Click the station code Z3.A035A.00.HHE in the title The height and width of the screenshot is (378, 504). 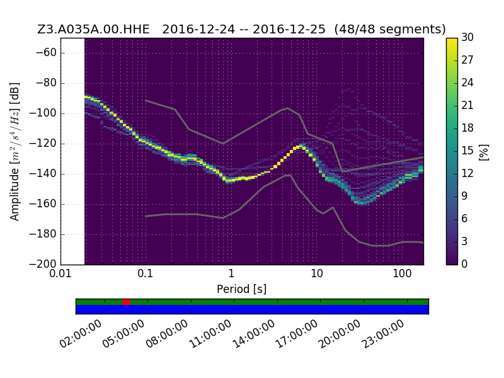tap(93, 29)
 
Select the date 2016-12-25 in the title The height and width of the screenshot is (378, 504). tap(289, 29)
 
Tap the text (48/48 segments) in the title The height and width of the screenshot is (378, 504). tap(390, 29)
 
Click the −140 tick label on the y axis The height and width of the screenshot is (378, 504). tap(43, 174)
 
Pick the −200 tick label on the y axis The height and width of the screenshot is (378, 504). tap(43, 264)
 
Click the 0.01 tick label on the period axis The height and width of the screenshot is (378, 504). tap(60, 273)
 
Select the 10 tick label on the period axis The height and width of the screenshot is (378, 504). tap(316, 273)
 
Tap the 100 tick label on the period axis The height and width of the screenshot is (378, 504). tap(402, 273)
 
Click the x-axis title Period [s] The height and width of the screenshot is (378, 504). tap(242, 289)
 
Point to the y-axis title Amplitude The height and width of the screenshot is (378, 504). tap(14, 194)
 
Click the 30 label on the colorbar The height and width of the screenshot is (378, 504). tap(467, 37)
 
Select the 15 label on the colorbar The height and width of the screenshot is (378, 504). tap(467, 151)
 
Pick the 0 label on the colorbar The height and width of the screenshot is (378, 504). tap(464, 264)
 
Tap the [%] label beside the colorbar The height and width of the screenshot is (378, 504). tap(484, 152)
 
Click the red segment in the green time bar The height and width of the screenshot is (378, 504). tap(126, 302)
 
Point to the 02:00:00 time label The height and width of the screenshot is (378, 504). tap(81, 334)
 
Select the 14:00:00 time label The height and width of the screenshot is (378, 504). tap(254, 334)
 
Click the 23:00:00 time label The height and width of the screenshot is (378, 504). tap(383, 334)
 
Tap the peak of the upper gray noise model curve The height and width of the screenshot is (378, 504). tap(288, 108)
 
